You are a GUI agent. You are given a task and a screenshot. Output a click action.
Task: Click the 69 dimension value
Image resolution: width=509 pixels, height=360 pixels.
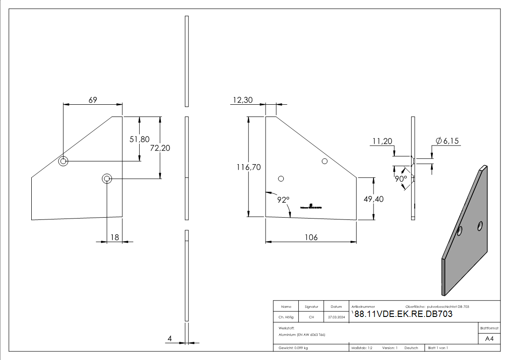coord(92,100)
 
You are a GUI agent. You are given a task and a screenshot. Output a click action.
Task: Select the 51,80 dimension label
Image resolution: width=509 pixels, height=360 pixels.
coord(140,140)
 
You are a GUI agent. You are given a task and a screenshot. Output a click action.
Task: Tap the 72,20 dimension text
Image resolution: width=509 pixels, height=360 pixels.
coord(160,148)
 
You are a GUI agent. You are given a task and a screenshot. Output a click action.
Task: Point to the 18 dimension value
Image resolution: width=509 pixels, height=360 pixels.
coord(115,237)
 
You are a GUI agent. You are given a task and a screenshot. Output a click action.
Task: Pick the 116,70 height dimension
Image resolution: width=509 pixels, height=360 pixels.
coord(248,167)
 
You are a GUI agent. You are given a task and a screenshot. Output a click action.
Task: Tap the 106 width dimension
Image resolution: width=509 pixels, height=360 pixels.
coord(311,238)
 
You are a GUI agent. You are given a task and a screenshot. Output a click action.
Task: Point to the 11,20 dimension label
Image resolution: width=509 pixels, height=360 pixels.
coord(382,141)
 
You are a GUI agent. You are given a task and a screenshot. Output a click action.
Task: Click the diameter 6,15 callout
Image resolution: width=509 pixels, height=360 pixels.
coord(447,141)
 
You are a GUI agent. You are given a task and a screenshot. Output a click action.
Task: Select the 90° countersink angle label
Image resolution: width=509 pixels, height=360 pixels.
coord(400,179)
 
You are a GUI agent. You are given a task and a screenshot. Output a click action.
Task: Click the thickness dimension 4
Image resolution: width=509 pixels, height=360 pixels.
coord(170,338)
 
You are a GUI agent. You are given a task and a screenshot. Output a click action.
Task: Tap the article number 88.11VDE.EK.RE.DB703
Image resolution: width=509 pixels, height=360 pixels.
coord(403,314)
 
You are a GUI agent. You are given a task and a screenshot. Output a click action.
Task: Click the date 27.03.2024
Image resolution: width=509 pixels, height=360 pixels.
coord(336,317)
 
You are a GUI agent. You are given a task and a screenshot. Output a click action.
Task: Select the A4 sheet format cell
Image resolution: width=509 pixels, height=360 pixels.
coord(489,339)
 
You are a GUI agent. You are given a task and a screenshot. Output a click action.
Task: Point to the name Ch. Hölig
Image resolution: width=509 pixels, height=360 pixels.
coord(286,317)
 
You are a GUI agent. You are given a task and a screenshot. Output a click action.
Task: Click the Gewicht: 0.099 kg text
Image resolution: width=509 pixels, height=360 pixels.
coord(293,348)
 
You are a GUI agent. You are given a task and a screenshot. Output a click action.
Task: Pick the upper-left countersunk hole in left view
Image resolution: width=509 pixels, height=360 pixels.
coord(63,161)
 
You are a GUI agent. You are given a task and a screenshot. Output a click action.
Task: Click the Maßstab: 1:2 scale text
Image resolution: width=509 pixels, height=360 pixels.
coord(362,348)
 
